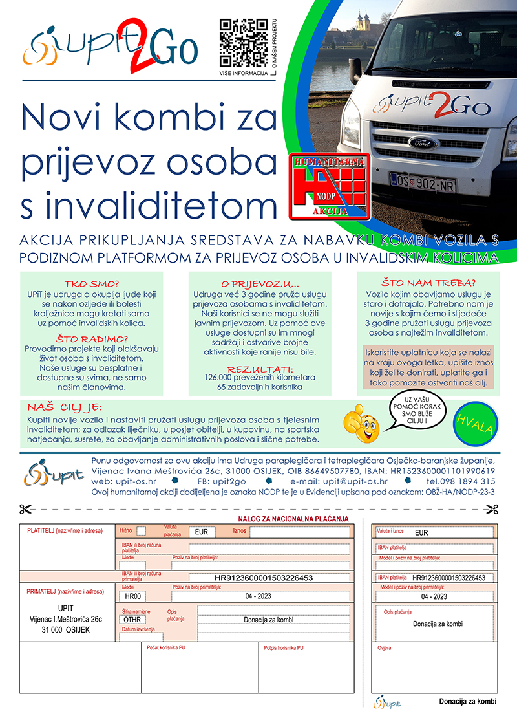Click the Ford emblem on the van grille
[423, 142]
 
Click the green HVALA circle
[475, 424]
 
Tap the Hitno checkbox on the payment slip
[142, 531]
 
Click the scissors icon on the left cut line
[26, 508]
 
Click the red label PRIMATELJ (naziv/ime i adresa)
[65, 591]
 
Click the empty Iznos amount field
[299, 532]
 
